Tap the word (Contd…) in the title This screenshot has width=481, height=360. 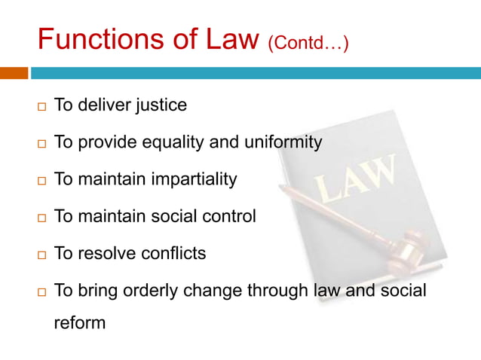coord(308,43)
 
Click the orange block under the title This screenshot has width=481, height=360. coord(14,73)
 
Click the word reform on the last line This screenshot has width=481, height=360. coord(79,325)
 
